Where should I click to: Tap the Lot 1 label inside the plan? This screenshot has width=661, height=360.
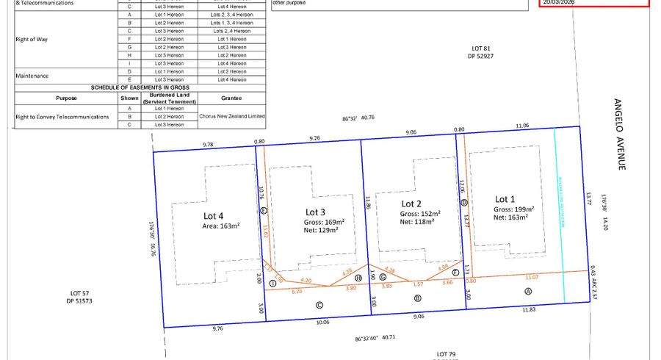pos(506,199)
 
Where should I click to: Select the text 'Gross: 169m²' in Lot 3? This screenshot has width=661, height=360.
pos(325,222)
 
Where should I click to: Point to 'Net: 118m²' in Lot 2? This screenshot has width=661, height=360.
pos(416,221)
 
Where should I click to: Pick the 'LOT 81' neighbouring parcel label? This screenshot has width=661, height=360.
pos(480,48)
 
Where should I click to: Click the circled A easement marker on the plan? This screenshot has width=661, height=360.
pos(527,290)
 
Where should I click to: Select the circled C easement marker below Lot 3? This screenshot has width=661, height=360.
pos(319,305)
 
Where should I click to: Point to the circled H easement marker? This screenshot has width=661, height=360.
pos(358,278)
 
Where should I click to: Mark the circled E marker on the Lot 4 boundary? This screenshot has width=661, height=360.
pos(263,211)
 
